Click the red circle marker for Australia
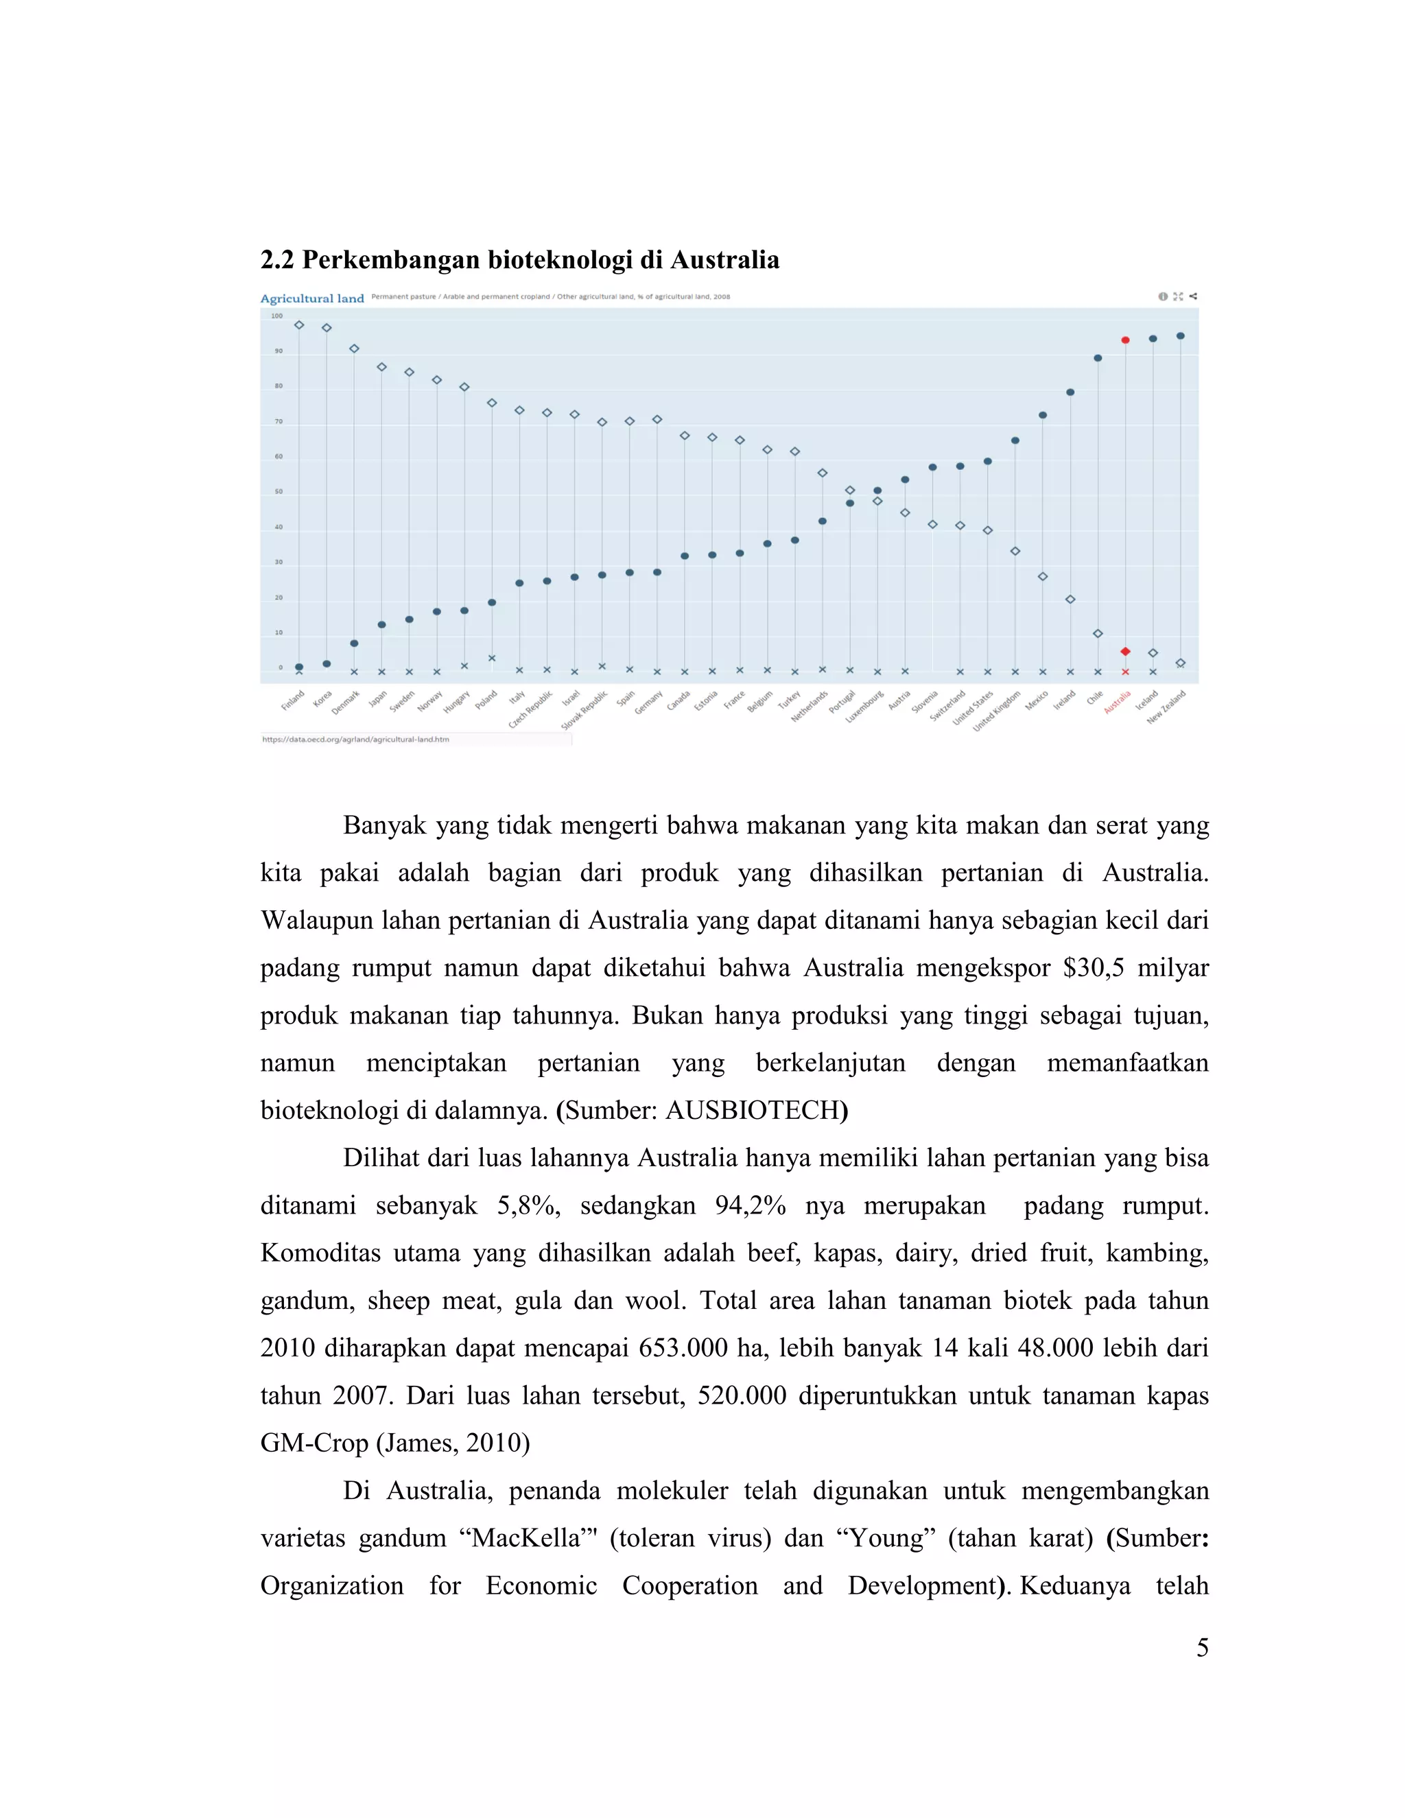tap(1125, 340)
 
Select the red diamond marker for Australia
tap(1125, 651)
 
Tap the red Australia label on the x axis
tap(1118, 703)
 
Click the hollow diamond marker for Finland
tap(299, 324)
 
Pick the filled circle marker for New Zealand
tap(1180, 335)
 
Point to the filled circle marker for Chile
tap(1098, 358)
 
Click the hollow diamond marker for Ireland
tap(1070, 600)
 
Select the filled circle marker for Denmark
tap(354, 644)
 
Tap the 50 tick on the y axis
tap(279, 492)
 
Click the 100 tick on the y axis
tap(276, 316)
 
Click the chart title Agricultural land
tap(312, 299)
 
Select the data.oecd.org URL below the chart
tap(355, 739)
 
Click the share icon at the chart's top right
tap(1194, 296)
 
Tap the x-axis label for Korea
tap(323, 698)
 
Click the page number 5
tap(1202, 1648)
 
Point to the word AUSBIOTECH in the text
tap(752, 1111)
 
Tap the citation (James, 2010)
tap(453, 1443)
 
